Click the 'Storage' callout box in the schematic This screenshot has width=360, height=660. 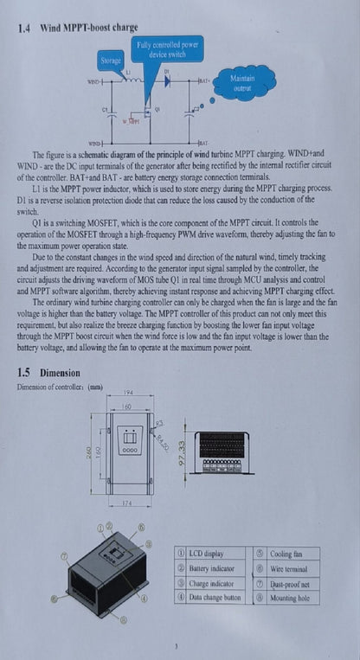click(x=111, y=61)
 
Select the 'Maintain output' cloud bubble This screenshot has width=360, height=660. click(x=242, y=83)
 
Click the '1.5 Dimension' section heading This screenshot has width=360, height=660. click(x=48, y=373)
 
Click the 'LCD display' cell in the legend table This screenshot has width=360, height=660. click(x=209, y=554)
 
